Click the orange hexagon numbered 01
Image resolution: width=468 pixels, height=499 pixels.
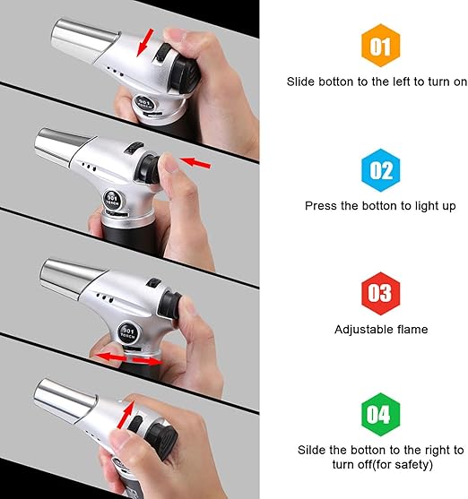click(x=381, y=45)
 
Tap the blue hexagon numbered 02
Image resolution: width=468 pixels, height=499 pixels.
click(x=381, y=169)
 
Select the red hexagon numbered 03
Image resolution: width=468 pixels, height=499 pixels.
click(x=381, y=294)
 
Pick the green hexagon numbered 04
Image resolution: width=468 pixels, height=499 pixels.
click(x=381, y=415)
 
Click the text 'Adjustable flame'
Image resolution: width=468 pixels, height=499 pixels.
click(x=381, y=330)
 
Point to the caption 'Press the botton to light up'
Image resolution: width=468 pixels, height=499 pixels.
click(x=380, y=206)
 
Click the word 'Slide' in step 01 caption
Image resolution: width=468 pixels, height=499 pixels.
click(x=302, y=82)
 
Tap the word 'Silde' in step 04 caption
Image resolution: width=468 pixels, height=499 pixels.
click(x=314, y=450)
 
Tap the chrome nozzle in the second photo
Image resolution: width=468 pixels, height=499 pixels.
click(x=65, y=146)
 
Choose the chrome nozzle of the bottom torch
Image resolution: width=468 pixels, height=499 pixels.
click(x=62, y=402)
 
